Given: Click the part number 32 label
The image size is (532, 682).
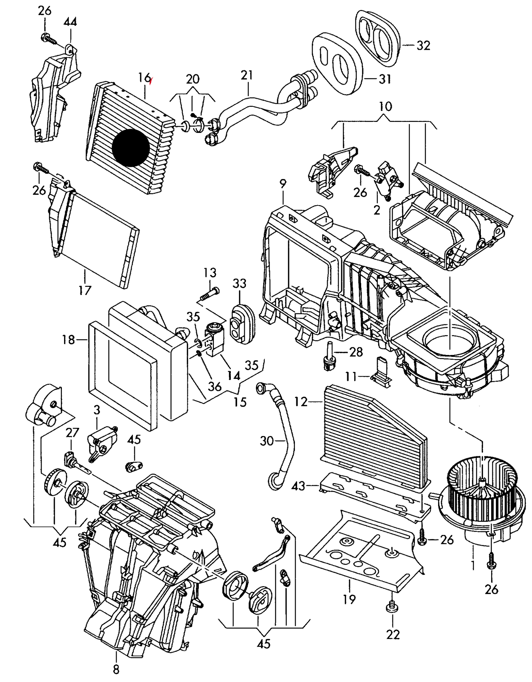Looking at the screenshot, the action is point(423,46).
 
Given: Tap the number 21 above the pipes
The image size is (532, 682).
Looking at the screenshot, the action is point(247,75).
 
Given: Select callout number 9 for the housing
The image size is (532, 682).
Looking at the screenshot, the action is point(283,184).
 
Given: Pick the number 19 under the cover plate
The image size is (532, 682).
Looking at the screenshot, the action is point(349,599).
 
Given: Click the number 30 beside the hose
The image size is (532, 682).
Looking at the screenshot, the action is point(267,440).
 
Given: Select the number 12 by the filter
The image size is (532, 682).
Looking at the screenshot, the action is point(301,401).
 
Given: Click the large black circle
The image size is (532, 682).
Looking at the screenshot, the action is point(131,147).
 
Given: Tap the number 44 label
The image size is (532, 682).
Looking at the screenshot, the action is point(70,22).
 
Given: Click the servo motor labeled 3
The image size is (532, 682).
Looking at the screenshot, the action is point(102,441).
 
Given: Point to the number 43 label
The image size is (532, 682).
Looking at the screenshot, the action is point(298,486).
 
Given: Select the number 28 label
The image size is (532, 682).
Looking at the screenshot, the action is point(356,352).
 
